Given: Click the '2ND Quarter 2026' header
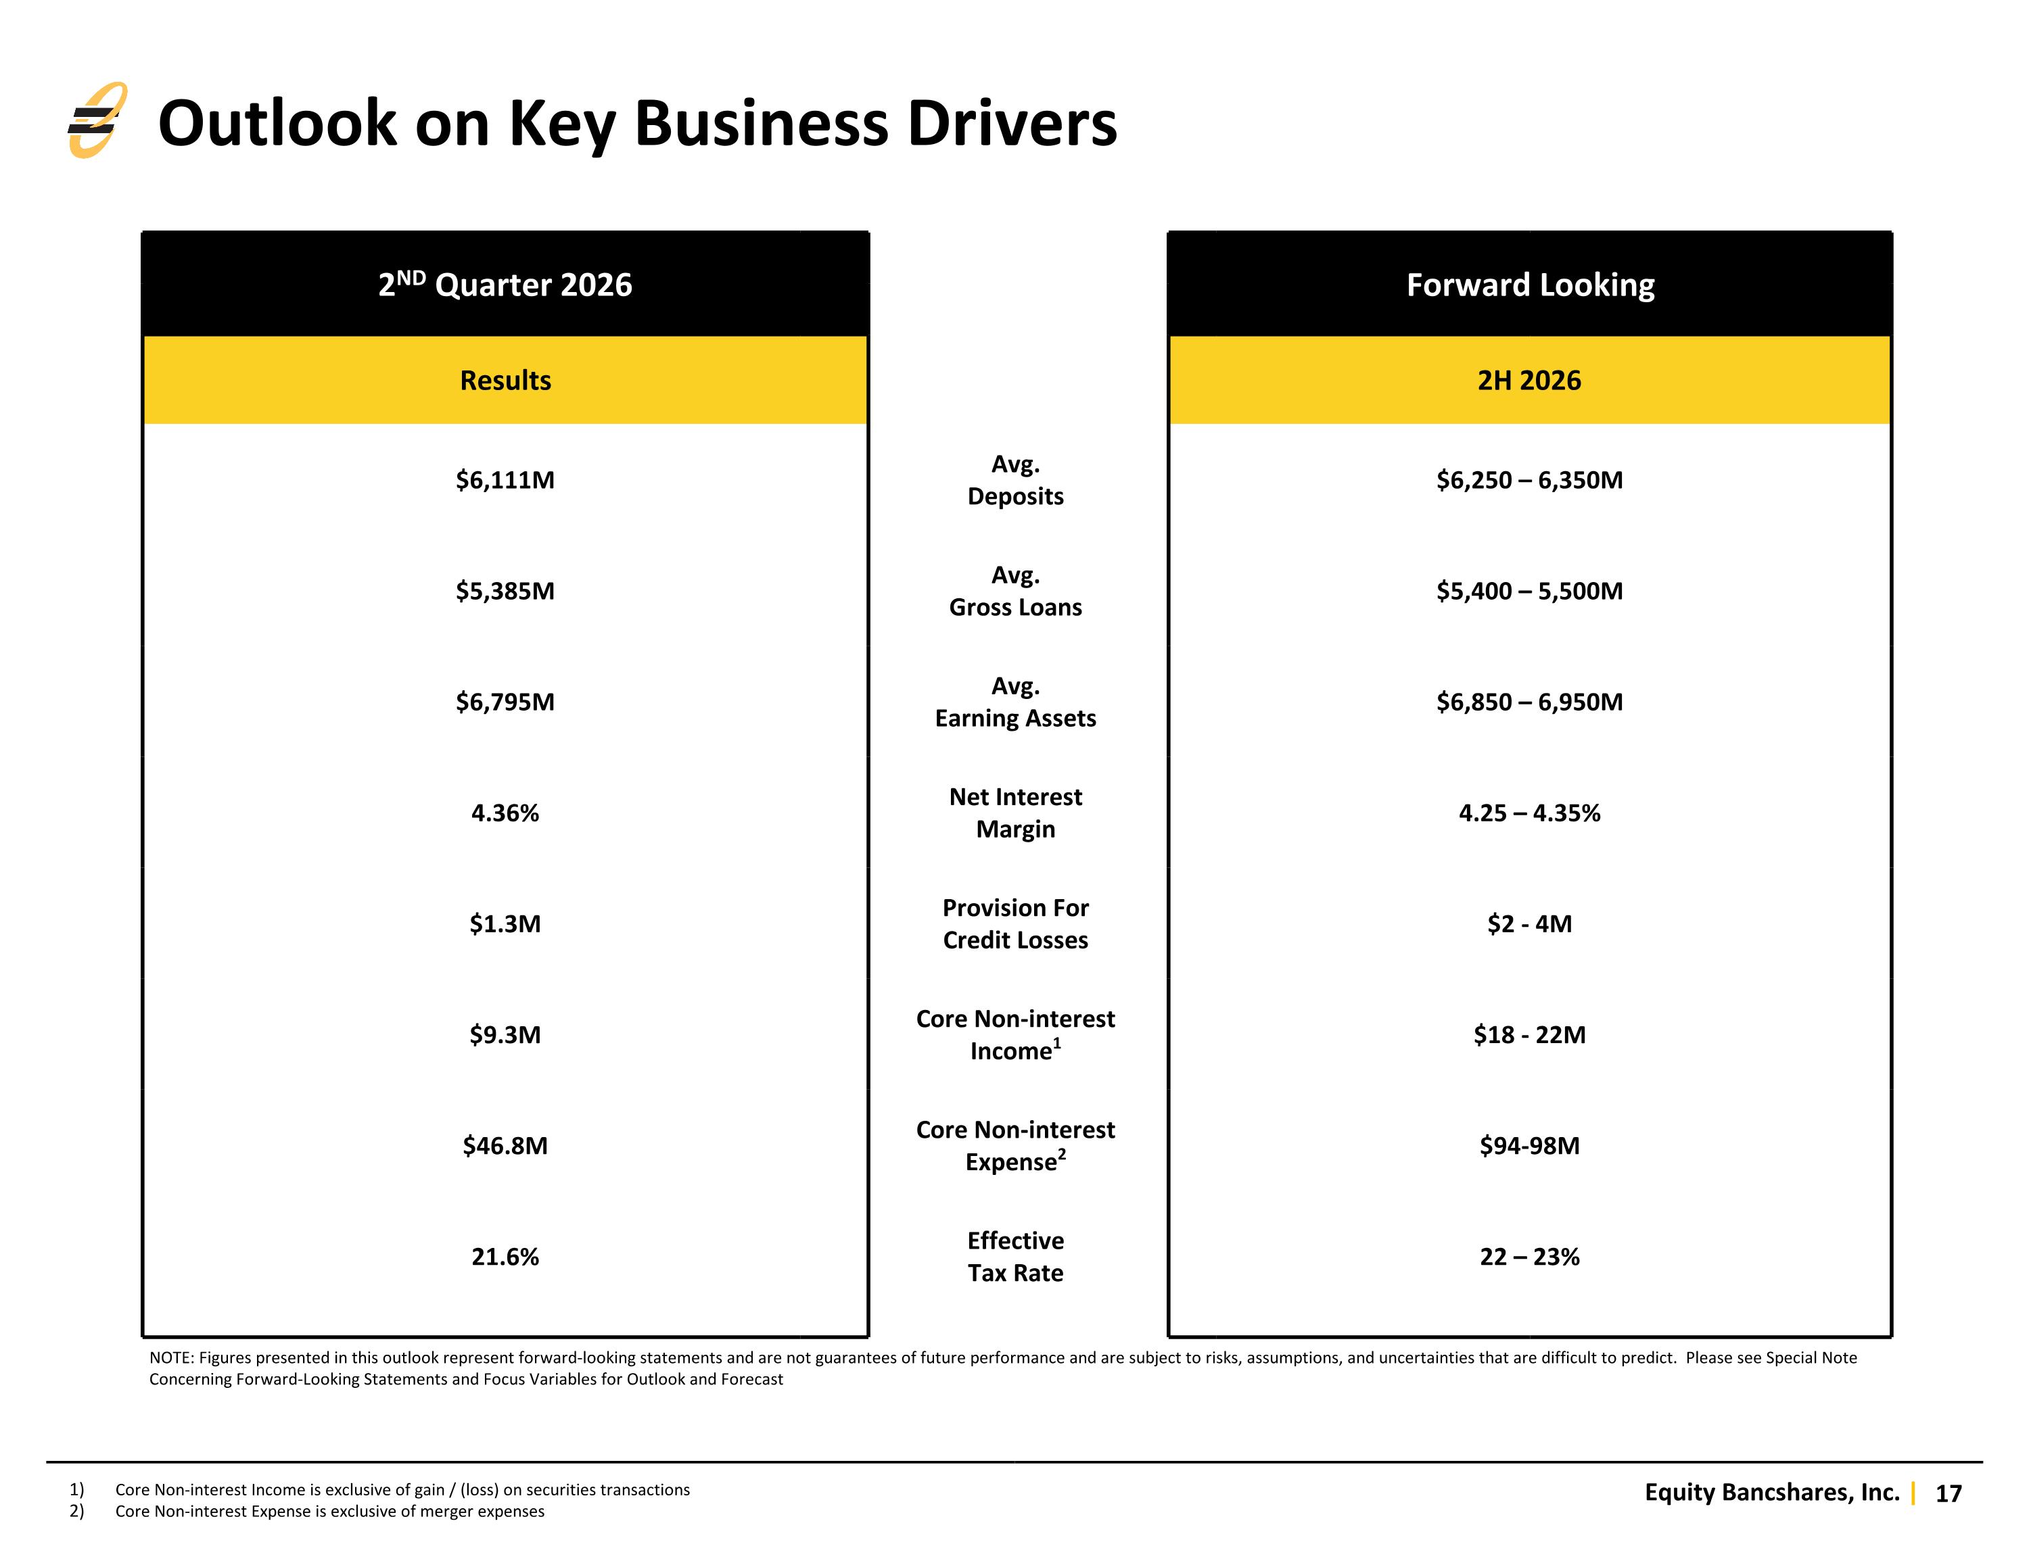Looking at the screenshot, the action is [x=505, y=283].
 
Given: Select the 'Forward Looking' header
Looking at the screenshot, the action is [x=1530, y=284].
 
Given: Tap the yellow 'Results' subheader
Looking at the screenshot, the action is [x=505, y=380].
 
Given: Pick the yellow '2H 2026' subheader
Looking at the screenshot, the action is [x=1529, y=380].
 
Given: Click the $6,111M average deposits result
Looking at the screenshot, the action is [x=505, y=479].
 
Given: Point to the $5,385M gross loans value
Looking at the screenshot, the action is [x=505, y=591].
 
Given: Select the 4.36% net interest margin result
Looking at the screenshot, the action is [x=505, y=813].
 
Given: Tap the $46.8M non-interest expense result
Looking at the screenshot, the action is [x=505, y=1145].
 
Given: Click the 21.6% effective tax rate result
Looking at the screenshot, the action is [x=505, y=1257].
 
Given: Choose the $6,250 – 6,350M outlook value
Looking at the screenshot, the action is [x=1529, y=479].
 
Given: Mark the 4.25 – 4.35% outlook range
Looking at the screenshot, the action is [x=1529, y=813].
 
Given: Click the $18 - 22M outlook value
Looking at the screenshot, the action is [x=1529, y=1035].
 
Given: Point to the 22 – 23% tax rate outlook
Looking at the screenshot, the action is [x=1529, y=1257].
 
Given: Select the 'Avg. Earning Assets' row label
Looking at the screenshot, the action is [x=1015, y=702].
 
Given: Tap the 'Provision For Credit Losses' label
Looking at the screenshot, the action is [x=1015, y=924].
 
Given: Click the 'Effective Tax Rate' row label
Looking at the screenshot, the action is [x=1015, y=1257].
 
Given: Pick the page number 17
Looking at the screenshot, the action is [x=1948, y=1493].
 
